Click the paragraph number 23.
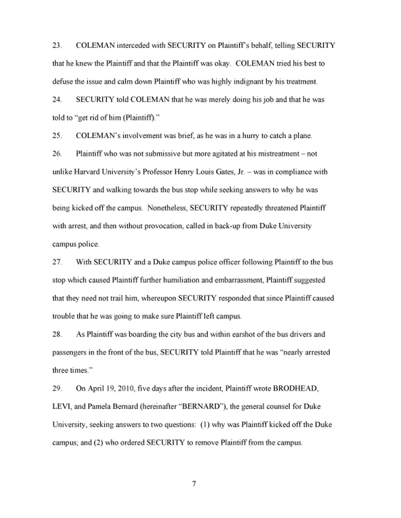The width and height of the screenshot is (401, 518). click(57, 46)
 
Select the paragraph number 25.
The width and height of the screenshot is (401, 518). click(57, 136)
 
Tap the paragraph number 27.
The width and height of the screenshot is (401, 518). click(57, 262)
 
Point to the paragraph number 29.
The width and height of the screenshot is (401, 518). click(57, 388)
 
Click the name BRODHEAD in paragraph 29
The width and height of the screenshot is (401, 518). click(293, 388)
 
